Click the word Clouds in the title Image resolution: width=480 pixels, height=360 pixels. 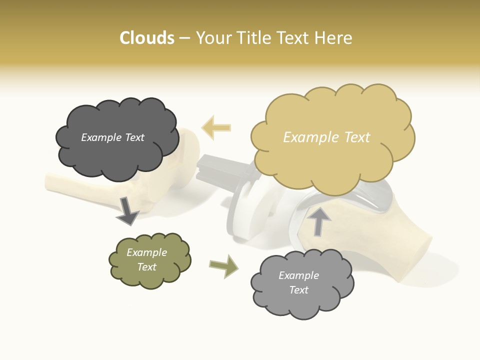[x=147, y=38]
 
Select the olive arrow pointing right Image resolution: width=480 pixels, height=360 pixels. [x=223, y=266]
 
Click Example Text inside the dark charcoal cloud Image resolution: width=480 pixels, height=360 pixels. [x=112, y=137]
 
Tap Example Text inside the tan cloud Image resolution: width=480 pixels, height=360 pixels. [x=326, y=137]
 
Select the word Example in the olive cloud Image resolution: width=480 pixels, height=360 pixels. [x=146, y=252]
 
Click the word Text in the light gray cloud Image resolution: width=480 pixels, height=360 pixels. [x=298, y=290]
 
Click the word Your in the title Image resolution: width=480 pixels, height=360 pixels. [x=211, y=38]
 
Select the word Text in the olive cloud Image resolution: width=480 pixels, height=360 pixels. [x=146, y=267]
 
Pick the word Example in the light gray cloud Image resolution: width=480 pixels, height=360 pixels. [x=298, y=275]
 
